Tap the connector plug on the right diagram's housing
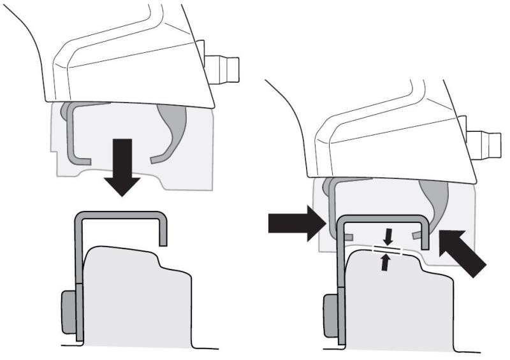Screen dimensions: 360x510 pos(485,144)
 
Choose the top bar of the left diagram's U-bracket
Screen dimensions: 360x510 pos(121,215)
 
